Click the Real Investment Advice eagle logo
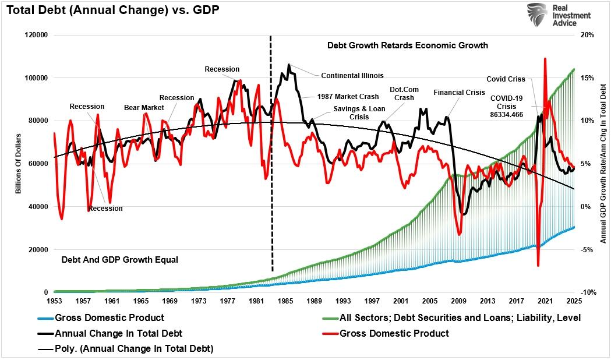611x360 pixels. [539, 15]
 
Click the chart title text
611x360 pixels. [110, 11]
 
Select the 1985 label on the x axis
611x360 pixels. [285, 301]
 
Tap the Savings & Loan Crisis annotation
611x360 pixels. [359, 112]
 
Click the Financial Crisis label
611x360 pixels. [459, 93]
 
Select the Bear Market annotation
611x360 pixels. [143, 108]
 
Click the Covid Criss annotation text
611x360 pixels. [506, 79]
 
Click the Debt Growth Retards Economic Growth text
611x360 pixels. [407, 45]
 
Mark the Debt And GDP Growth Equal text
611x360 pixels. [119, 260]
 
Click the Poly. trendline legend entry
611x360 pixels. [134, 348]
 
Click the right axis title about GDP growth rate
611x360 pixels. [603, 163]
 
